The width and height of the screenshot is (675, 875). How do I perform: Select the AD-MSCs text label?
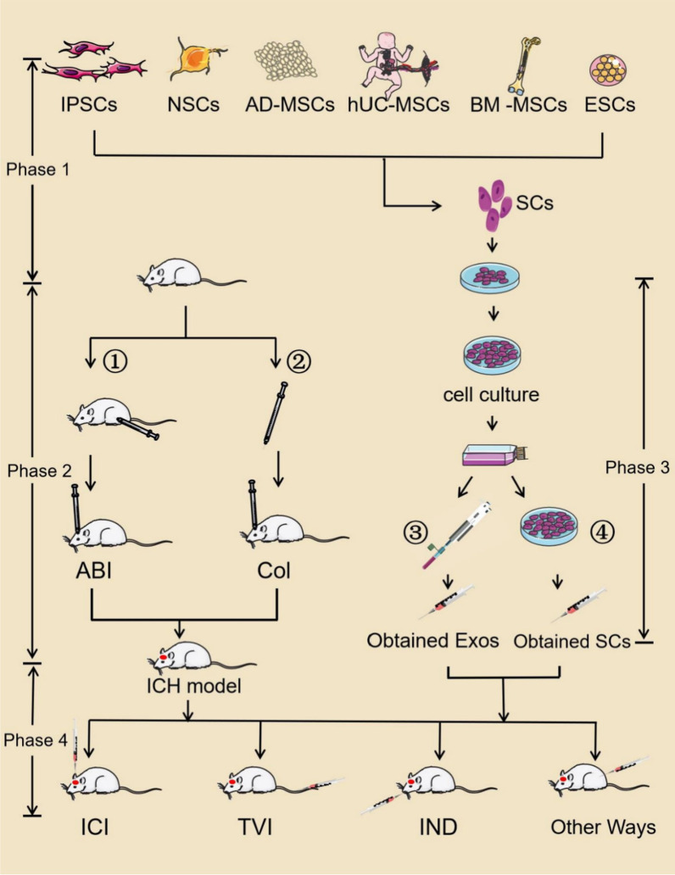click(x=291, y=107)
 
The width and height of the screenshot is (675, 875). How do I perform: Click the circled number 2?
click(x=300, y=360)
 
